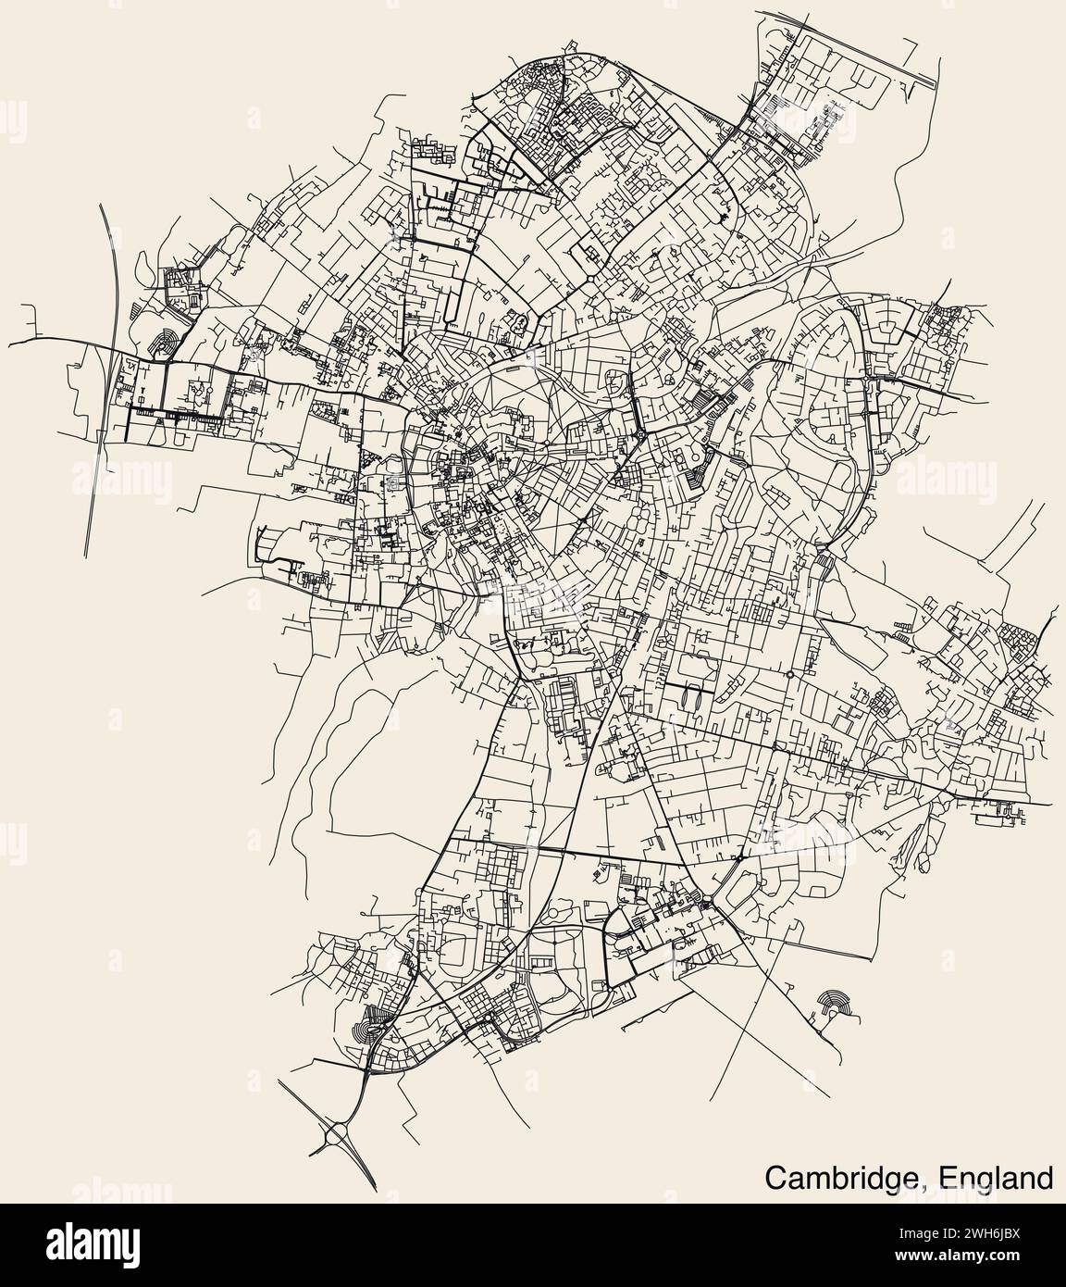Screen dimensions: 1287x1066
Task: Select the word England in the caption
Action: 996,1179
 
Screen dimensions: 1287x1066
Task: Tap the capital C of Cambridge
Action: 775,1179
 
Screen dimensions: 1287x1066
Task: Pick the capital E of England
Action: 945,1179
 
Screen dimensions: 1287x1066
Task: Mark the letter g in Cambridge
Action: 899,1181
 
